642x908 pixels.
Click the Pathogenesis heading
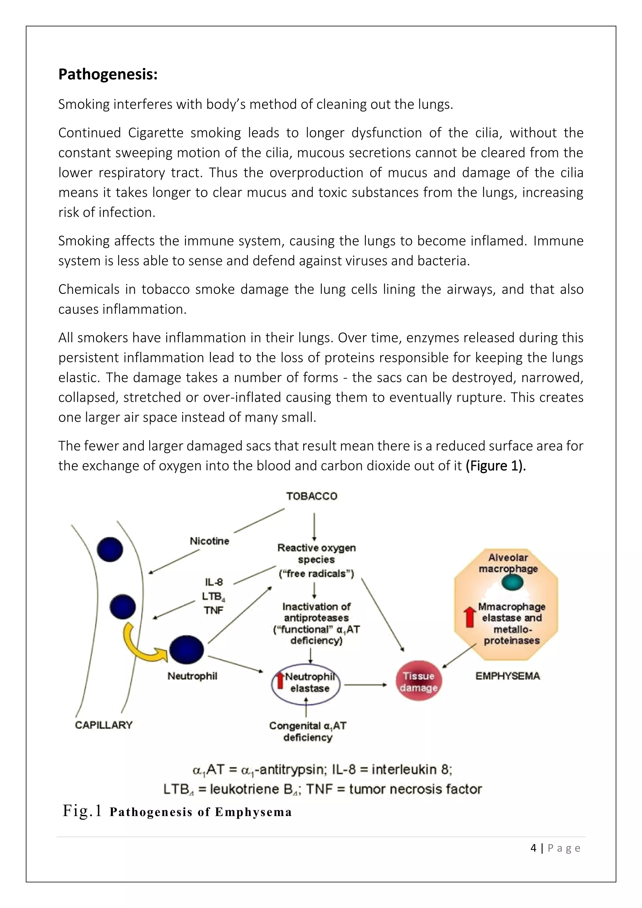(x=108, y=74)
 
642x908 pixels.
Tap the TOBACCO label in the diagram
(x=312, y=496)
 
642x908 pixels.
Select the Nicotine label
(x=209, y=541)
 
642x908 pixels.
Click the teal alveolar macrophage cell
(x=512, y=583)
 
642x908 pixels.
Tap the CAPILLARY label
(x=103, y=725)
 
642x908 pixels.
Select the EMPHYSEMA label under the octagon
(x=508, y=676)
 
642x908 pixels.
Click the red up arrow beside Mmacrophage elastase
(x=470, y=617)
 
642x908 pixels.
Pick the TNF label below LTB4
(x=213, y=610)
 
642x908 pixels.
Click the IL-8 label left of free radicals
(x=214, y=582)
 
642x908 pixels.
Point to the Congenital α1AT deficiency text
(x=308, y=731)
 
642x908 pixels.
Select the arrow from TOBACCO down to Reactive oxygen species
(x=314, y=526)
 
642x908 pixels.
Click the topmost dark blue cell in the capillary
(x=110, y=549)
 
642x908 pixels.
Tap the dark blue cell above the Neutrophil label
(x=186, y=649)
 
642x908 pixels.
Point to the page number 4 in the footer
(x=533, y=848)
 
